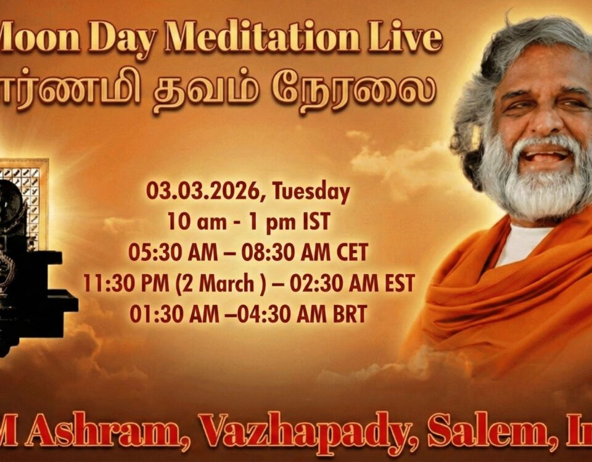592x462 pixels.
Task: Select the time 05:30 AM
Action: [x=165, y=253]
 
